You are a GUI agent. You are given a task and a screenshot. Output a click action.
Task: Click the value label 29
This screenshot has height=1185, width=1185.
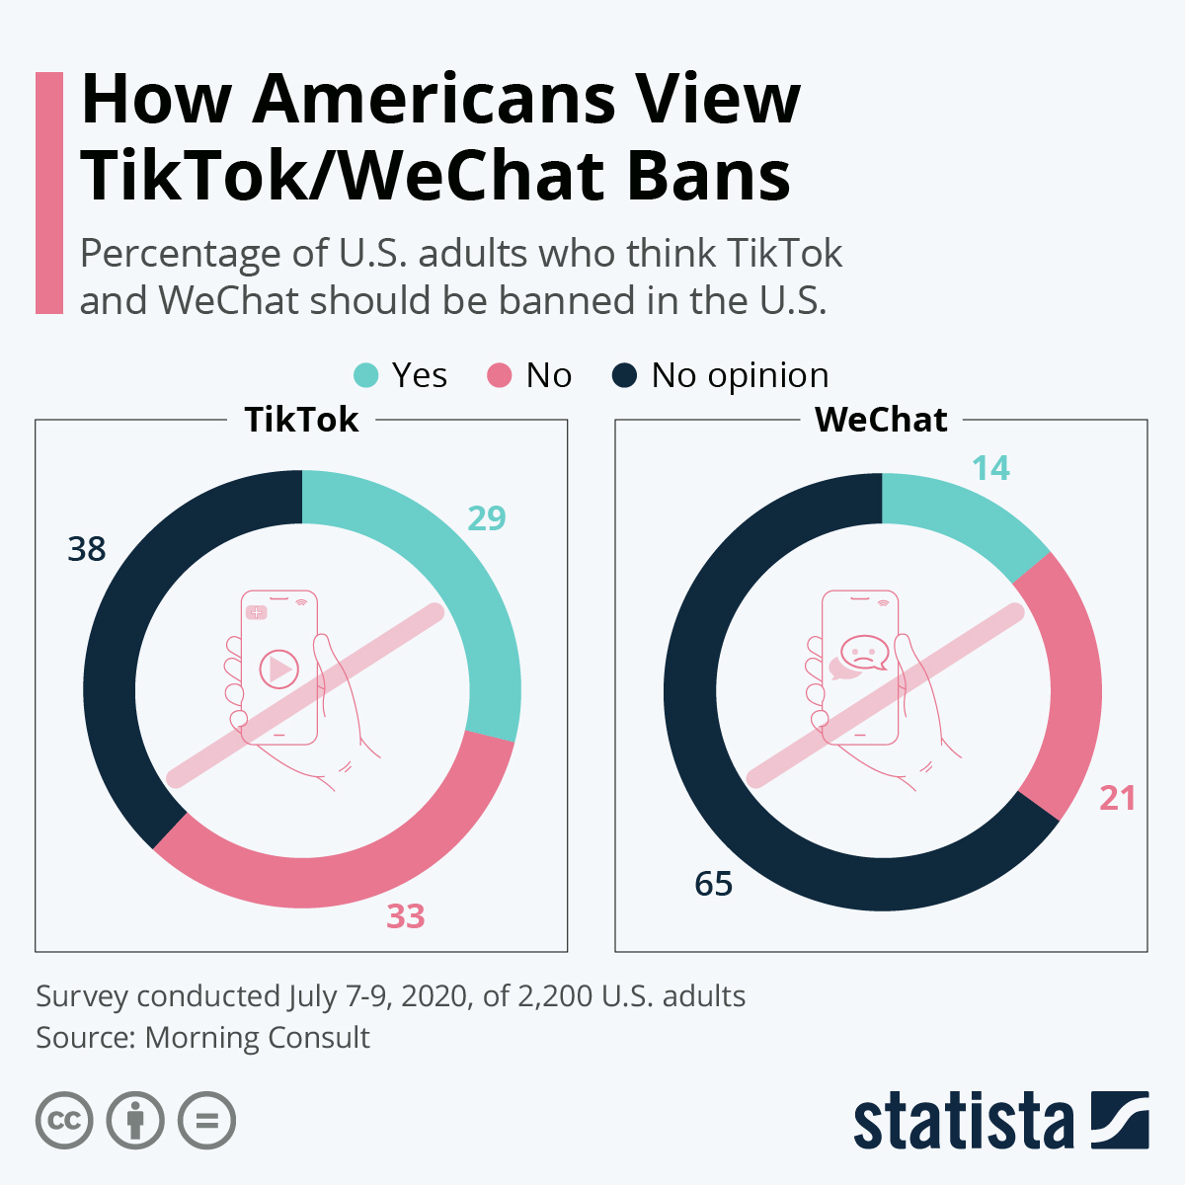[x=487, y=517]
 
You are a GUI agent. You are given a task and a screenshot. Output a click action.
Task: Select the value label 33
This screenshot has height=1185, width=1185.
[x=405, y=916]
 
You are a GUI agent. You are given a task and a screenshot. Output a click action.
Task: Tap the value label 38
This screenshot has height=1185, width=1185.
[x=87, y=549]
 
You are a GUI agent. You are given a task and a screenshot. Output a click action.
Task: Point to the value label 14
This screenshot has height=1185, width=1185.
[x=990, y=468]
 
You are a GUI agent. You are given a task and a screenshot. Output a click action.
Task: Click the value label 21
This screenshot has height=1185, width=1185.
[x=1118, y=798]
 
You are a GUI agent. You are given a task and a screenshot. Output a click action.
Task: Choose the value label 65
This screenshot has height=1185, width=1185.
[x=713, y=884]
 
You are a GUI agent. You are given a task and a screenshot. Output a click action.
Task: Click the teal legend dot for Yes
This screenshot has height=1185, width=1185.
[x=366, y=375]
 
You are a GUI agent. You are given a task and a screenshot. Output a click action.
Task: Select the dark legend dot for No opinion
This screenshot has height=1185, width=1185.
[x=625, y=375]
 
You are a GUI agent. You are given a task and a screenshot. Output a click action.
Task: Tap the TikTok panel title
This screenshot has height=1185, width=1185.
[x=301, y=420]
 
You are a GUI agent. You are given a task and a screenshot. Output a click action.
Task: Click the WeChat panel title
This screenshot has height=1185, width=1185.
[x=881, y=420]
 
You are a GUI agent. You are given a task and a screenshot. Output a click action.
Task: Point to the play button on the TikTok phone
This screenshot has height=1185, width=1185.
[x=278, y=669]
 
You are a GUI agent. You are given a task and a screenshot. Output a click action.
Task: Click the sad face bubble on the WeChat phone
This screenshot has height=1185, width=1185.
[x=863, y=652]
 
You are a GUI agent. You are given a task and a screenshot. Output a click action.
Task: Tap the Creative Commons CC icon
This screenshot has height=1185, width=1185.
[x=64, y=1121]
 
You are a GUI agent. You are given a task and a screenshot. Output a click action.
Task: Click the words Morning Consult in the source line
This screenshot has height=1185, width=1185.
[x=257, y=1038]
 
